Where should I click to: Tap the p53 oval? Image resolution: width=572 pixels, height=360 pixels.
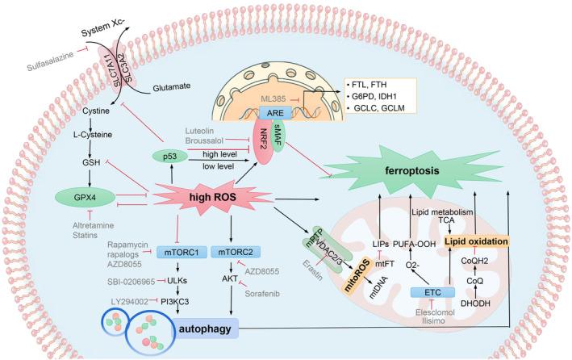(x=170, y=157)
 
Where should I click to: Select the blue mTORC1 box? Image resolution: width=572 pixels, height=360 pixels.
(x=182, y=252)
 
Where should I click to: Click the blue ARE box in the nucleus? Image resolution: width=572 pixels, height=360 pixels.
(x=275, y=113)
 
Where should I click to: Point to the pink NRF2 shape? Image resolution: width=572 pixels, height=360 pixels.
(x=263, y=142)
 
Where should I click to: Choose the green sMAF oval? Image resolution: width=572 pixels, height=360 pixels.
(x=278, y=136)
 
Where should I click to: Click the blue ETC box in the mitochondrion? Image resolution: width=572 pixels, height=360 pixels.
(x=432, y=292)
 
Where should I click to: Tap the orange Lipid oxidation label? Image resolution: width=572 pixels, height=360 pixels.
(x=477, y=241)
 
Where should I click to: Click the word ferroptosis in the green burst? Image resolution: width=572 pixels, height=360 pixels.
(x=412, y=170)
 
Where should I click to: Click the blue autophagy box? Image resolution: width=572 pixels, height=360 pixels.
(x=205, y=329)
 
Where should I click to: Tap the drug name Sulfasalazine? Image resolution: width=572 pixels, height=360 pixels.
(x=50, y=61)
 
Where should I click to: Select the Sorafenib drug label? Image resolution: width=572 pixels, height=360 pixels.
(x=262, y=294)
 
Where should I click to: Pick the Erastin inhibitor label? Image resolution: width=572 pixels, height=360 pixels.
(x=313, y=270)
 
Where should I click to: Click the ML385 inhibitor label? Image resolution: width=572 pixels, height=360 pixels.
(x=273, y=98)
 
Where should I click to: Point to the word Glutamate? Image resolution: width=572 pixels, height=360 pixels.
(x=172, y=87)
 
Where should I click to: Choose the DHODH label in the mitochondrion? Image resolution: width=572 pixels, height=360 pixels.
(x=475, y=303)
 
